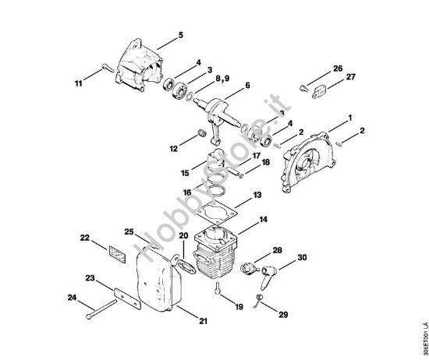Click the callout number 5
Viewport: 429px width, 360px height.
[x=182, y=35]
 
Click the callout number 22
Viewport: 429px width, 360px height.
[x=86, y=238]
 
